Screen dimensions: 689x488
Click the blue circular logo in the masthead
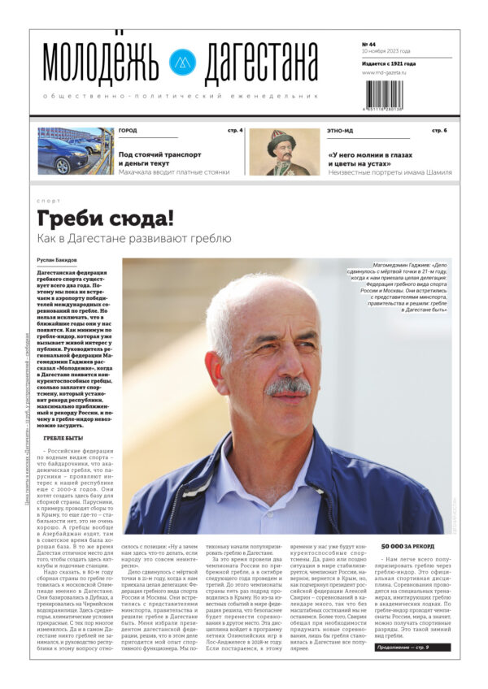(x=181, y=63)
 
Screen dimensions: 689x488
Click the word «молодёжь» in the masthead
(x=102, y=63)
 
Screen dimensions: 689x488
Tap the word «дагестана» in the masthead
(x=260, y=63)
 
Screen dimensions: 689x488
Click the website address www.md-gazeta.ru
(x=384, y=73)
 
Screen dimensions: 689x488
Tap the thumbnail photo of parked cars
(x=76, y=150)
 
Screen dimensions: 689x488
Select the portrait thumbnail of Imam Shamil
(x=284, y=151)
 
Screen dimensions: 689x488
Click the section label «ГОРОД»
(x=128, y=131)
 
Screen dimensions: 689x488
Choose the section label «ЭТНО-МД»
(x=340, y=131)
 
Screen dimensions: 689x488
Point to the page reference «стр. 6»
(x=439, y=131)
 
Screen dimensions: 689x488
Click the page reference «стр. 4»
(x=235, y=131)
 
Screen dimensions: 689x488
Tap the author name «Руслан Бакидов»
(x=58, y=260)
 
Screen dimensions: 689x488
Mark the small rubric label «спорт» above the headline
(x=49, y=201)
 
